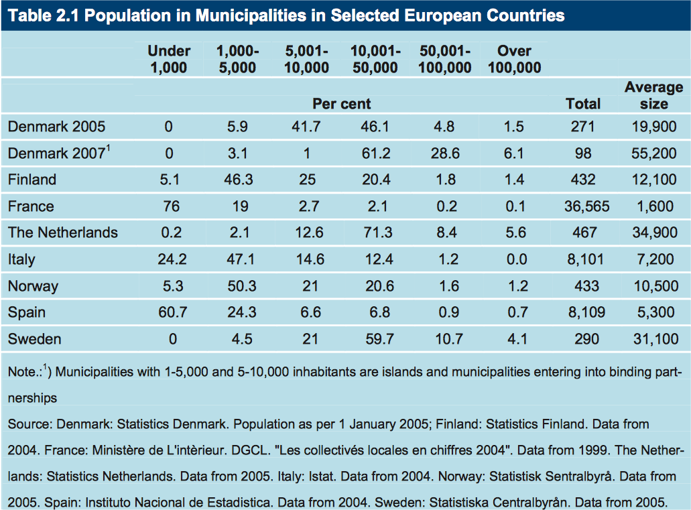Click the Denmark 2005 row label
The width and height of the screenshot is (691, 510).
56,127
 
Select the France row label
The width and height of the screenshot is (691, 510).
31,206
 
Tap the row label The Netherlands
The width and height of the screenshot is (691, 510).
62,233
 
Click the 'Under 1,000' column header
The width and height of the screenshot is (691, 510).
169,59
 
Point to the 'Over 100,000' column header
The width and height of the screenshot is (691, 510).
514,59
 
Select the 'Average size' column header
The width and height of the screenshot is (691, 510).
653,95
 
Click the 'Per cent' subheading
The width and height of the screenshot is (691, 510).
341,103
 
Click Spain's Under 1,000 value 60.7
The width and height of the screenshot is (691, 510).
172,312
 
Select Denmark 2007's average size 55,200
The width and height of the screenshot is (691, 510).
653,153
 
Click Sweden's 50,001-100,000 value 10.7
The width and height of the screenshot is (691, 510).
445,339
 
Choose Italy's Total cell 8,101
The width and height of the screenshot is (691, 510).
583,259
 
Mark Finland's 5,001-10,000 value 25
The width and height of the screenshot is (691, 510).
307,180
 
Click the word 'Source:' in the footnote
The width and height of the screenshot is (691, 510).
30,424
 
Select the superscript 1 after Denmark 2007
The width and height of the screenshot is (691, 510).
108,148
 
